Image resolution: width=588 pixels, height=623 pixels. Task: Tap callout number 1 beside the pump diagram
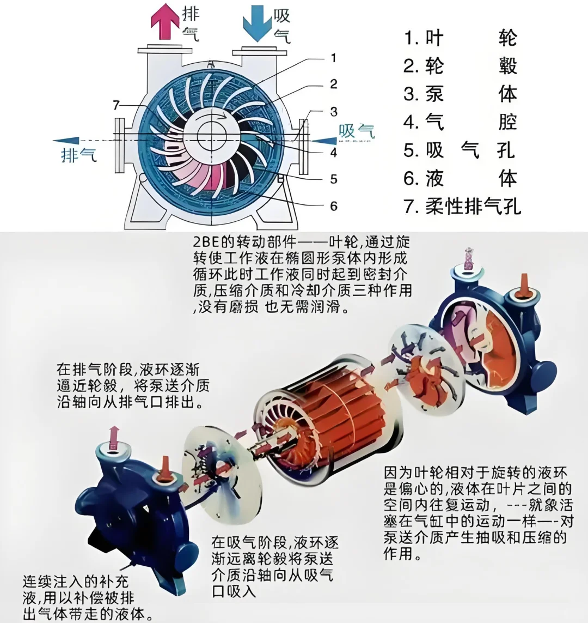pyautogui.click(x=333, y=58)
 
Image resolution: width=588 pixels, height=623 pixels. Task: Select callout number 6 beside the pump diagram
pyautogui.click(x=333, y=206)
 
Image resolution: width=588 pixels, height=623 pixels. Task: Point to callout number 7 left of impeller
pyautogui.click(x=116, y=105)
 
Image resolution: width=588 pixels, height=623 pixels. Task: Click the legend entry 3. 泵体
pyautogui.click(x=460, y=94)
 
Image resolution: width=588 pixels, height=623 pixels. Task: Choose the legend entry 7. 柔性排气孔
pyautogui.click(x=462, y=207)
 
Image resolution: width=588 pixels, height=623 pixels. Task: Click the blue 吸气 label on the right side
pyautogui.click(x=357, y=131)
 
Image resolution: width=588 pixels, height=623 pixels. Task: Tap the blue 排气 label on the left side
pyautogui.click(x=78, y=155)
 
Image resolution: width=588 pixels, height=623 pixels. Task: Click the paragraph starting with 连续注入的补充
pyautogui.click(x=82, y=596)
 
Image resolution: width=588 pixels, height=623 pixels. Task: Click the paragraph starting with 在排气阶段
pyautogui.click(x=133, y=386)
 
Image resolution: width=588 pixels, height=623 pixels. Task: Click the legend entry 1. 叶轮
pyautogui.click(x=460, y=38)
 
